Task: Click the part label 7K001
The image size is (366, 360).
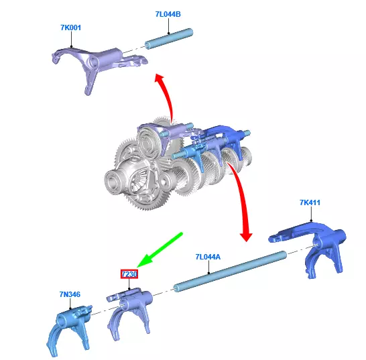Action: pyautogui.click(x=71, y=27)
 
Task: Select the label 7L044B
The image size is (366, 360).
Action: pyautogui.click(x=168, y=14)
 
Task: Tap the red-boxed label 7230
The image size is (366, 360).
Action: pyautogui.click(x=129, y=274)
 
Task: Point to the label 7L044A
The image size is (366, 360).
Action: pyautogui.click(x=208, y=257)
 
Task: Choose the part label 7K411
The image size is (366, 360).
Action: pyautogui.click(x=310, y=202)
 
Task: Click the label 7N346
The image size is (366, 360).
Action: pyautogui.click(x=70, y=294)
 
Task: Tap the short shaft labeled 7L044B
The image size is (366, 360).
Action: pyautogui.click(x=169, y=39)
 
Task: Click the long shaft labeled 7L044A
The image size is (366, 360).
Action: pyautogui.click(x=230, y=271)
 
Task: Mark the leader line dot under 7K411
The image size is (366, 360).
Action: pyautogui.click(x=311, y=221)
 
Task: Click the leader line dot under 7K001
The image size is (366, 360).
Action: pyautogui.click(x=72, y=47)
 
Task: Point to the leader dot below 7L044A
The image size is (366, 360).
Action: pyautogui.click(x=209, y=273)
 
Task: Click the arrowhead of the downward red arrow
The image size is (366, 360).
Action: pyautogui.click(x=246, y=237)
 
